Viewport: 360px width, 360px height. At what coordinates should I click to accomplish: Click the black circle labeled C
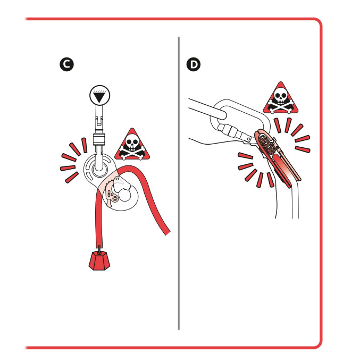(x=66, y=64)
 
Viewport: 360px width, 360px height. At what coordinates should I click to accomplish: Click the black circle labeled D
(x=194, y=64)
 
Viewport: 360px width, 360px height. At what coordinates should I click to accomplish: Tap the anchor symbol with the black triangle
(x=99, y=95)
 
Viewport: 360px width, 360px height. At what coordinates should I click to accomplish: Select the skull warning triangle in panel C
(x=132, y=144)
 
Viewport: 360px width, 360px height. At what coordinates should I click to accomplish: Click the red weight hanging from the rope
(x=99, y=261)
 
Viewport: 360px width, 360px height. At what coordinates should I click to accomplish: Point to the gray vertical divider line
(x=179, y=183)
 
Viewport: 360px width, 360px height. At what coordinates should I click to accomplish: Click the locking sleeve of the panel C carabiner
(x=99, y=139)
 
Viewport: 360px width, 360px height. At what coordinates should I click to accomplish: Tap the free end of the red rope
(x=167, y=232)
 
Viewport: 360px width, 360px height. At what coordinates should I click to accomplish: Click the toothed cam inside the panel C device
(x=111, y=194)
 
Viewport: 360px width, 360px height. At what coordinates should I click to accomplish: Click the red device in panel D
(x=278, y=158)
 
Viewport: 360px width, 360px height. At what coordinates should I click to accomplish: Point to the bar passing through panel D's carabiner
(x=207, y=108)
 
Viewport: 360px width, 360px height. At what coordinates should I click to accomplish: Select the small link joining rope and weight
(x=99, y=249)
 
